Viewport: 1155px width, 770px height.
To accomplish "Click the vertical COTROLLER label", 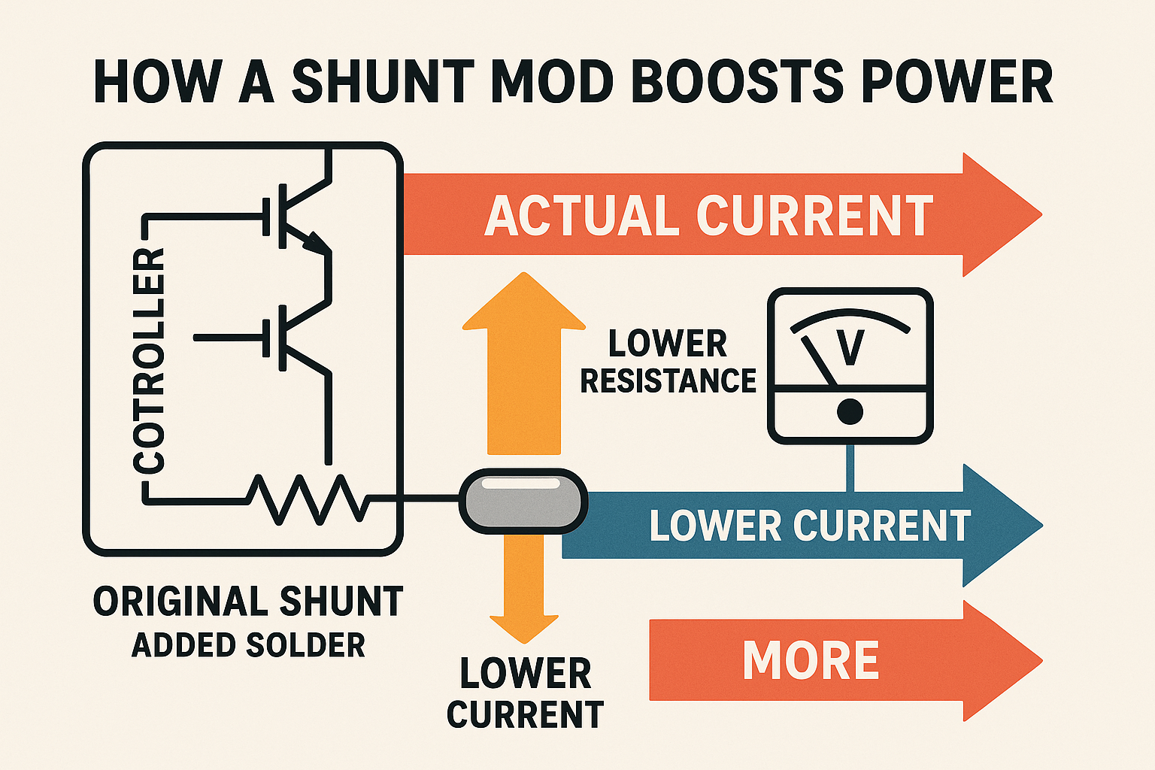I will point(148,361).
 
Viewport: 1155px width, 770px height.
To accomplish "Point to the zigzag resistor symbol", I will point(308,499).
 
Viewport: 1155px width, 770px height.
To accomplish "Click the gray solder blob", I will point(523,501).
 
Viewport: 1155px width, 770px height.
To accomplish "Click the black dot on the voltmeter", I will point(850,411).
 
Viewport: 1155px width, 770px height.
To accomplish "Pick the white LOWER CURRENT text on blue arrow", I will point(810,526).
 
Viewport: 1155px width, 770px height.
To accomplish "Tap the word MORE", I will point(811,661).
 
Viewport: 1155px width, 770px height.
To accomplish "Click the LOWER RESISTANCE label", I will point(668,362).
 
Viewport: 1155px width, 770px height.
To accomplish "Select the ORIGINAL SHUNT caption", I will point(248,602).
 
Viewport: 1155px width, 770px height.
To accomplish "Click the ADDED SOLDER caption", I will point(248,645).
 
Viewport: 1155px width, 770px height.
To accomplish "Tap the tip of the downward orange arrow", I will point(524,639).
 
